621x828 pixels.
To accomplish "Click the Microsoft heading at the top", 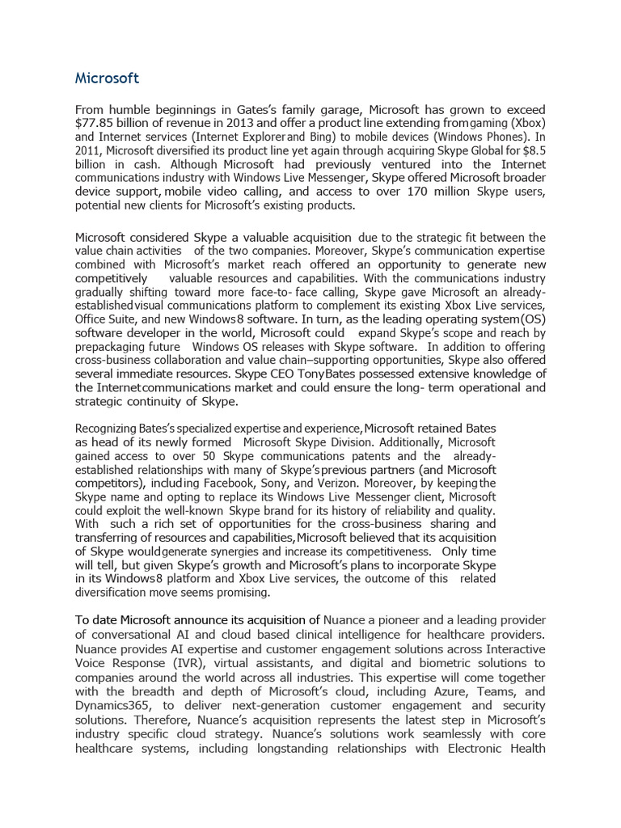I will [107, 78].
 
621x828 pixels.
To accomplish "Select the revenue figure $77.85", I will [96, 123].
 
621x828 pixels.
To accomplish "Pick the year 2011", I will [88, 150].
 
